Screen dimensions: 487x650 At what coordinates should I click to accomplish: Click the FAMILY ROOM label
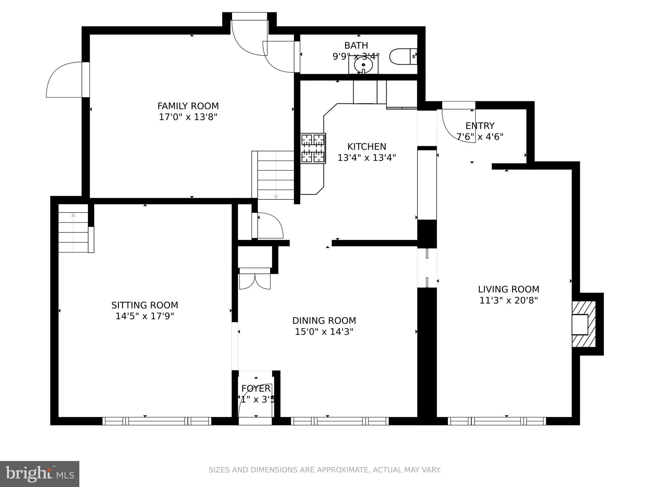pyautogui.click(x=188, y=106)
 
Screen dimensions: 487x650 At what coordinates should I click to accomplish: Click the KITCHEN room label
pyautogui.click(x=367, y=146)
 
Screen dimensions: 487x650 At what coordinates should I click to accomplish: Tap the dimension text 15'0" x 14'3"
pyautogui.click(x=324, y=332)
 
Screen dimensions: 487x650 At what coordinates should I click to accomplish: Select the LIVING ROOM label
pyautogui.click(x=508, y=289)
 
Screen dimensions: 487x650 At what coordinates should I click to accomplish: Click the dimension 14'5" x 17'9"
pyautogui.click(x=145, y=316)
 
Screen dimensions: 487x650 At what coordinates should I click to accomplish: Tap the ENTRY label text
pyautogui.click(x=480, y=126)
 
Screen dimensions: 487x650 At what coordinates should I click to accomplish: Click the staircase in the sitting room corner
pyautogui.click(x=73, y=228)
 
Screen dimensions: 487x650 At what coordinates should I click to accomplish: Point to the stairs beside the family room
pyautogui.click(x=275, y=175)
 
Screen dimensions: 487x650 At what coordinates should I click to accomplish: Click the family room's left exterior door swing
pyautogui.click(x=65, y=80)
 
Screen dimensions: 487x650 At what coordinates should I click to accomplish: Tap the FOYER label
pyautogui.click(x=256, y=388)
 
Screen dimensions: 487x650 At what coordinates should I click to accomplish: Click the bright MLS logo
pyautogui.click(x=40, y=474)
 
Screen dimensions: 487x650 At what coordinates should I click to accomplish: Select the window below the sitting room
pyautogui.click(x=157, y=421)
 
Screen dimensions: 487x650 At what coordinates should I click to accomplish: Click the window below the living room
pyautogui.click(x=497, y=421)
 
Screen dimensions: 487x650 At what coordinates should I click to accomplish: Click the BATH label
pyautogui.click(x=356, y=45)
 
